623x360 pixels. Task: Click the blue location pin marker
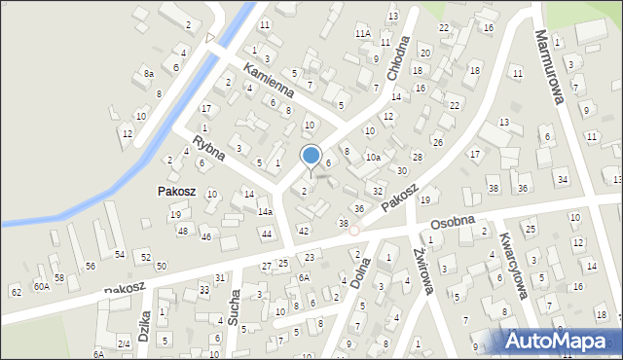311,156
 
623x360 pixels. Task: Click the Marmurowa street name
547,64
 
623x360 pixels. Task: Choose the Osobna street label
449,224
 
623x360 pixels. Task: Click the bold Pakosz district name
177,192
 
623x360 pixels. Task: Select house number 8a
148,73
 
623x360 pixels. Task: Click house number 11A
362,33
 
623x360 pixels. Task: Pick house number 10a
373,157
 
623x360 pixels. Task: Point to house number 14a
265,211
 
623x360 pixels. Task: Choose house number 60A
41,286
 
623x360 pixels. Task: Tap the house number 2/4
124,344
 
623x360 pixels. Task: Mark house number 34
562,179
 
